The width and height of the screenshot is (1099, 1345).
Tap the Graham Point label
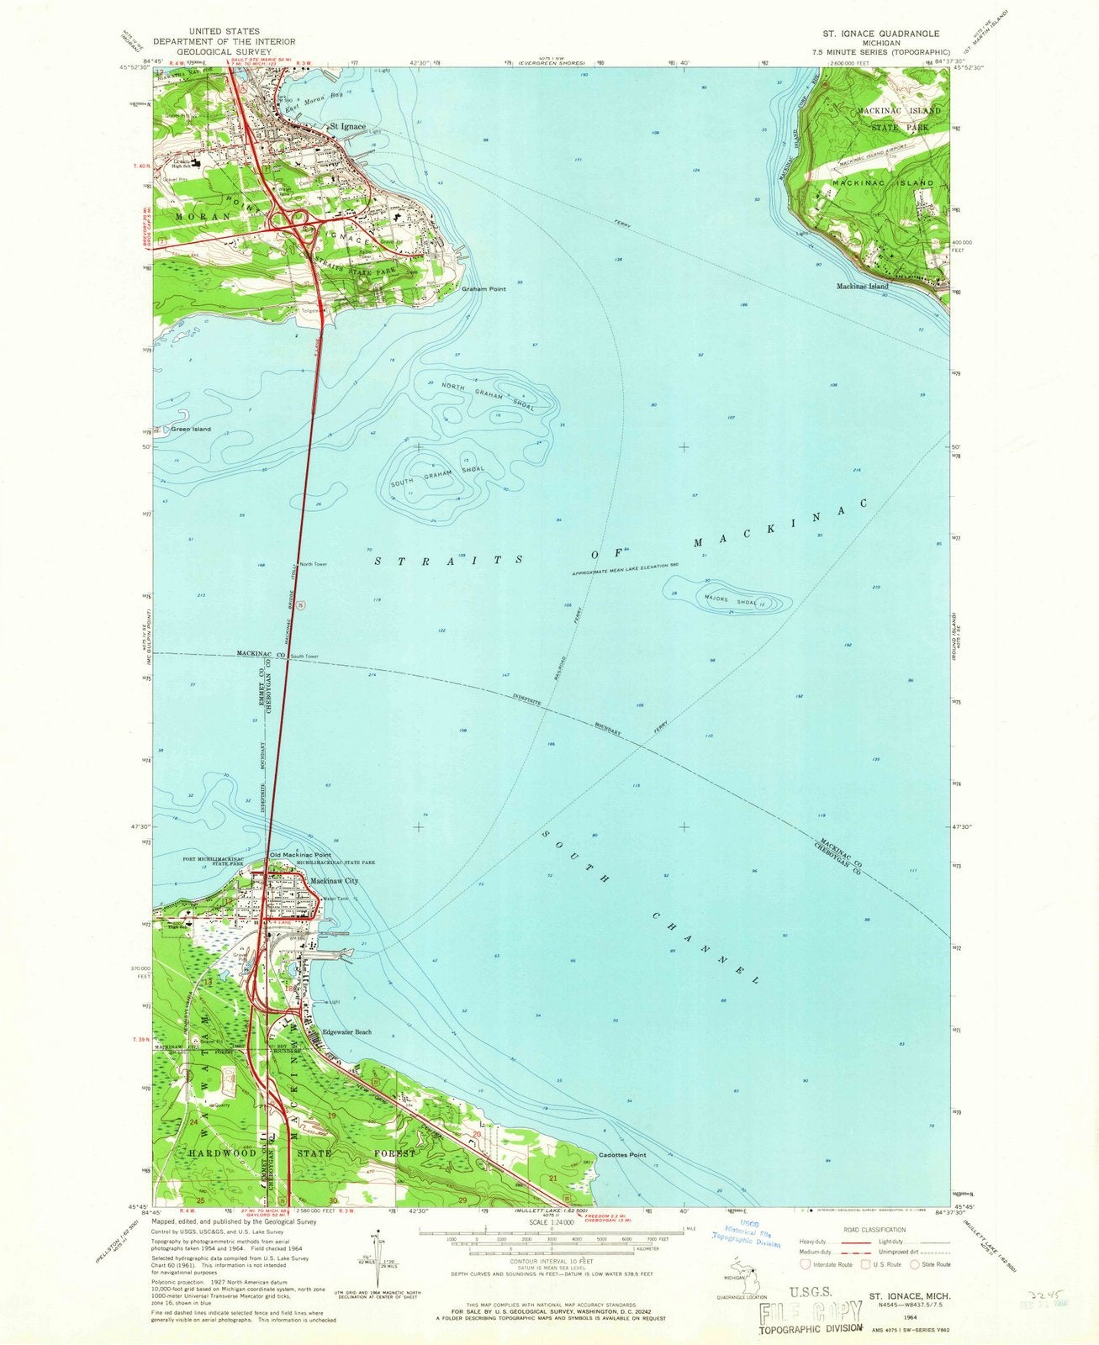[x=483, y=289]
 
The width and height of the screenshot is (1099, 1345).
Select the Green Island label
[x=191, y=430]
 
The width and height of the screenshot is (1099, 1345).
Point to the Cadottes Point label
[x=622, y=1155]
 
